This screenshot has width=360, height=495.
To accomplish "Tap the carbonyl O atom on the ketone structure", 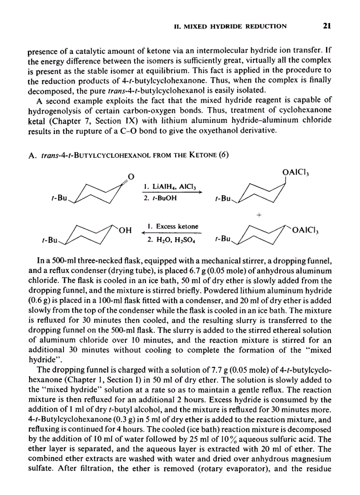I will point(130,178).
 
